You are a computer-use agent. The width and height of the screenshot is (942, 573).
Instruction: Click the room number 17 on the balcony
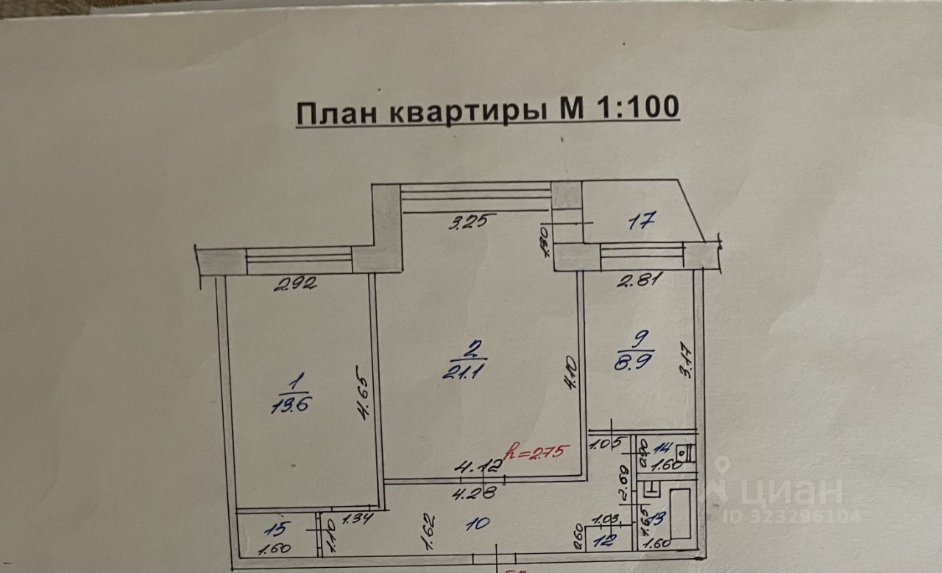[641, 219]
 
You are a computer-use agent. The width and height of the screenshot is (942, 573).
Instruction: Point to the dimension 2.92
[295, 283]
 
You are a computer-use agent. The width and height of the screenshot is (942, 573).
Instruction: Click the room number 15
[274, 528]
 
